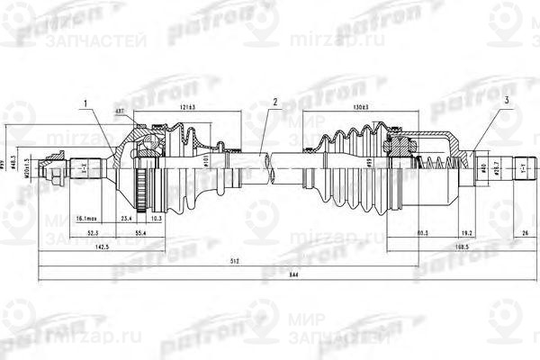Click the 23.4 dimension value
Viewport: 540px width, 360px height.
125,218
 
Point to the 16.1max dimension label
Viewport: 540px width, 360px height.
87,218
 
